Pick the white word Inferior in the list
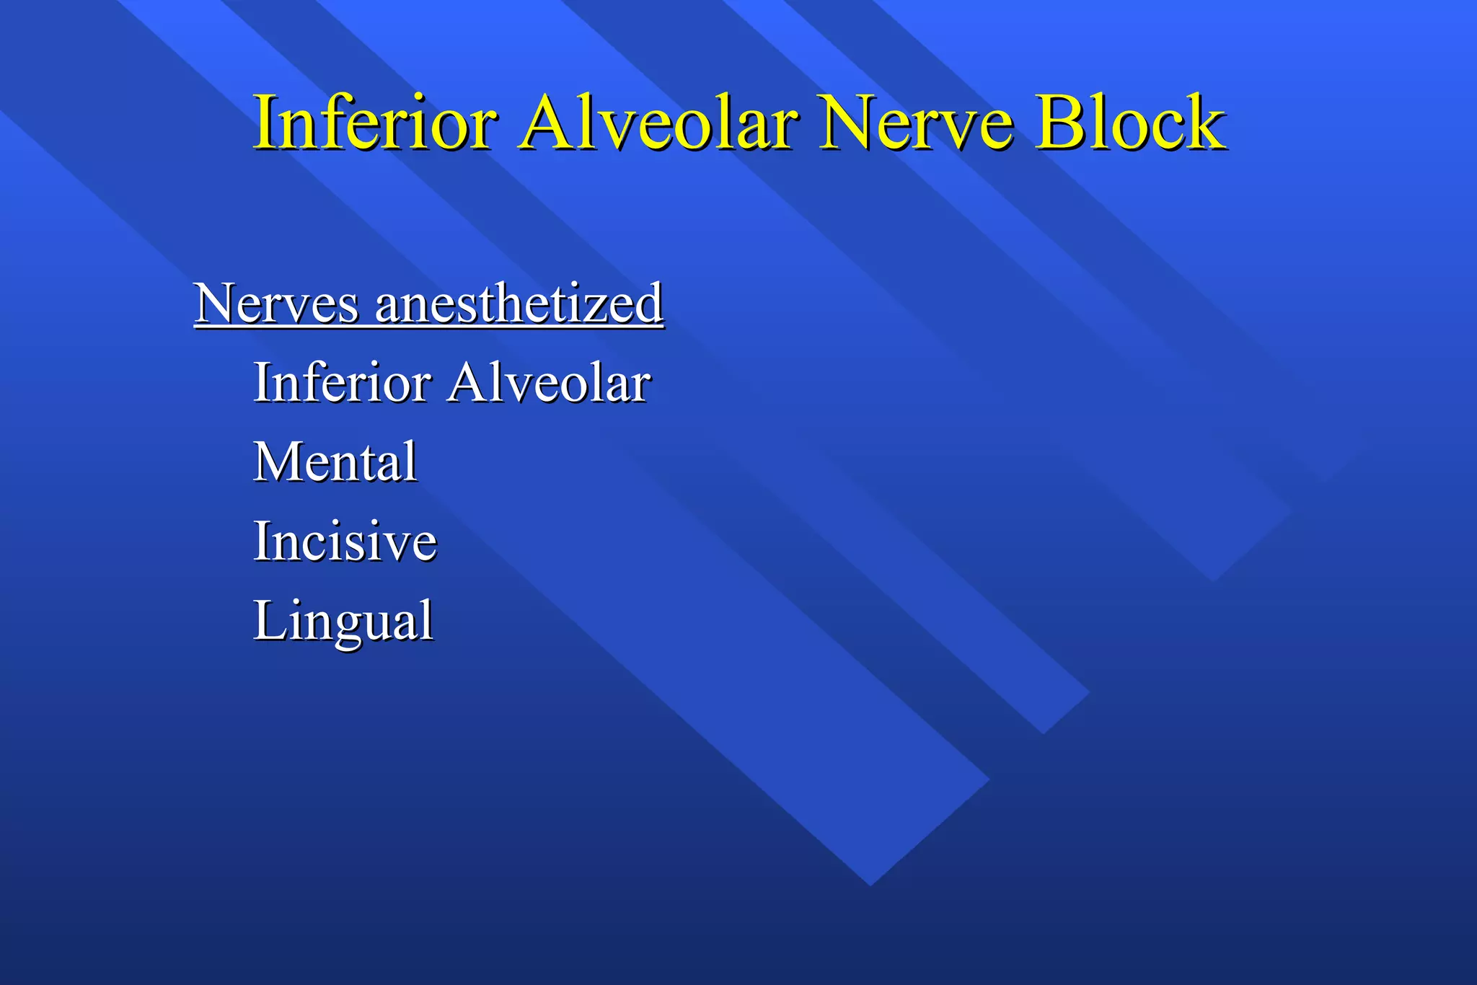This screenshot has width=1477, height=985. (342, 382)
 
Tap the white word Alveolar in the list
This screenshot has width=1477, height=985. (549, 382)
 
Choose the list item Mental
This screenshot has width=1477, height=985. (335, 461)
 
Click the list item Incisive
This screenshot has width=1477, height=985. (345, 541)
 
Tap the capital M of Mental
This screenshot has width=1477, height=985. (278, 461)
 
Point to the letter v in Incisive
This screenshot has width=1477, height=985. (396, 545)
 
